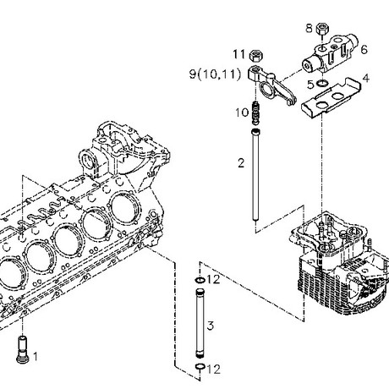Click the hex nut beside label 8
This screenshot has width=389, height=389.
pyautogui.click(x=321, y=29)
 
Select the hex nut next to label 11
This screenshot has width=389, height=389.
pyautogui.click(x=256, y=56)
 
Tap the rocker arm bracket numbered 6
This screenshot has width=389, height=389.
pyautogui.click(x=330, y=52)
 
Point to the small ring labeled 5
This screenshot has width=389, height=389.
pyautogui.click(x=322, y=83)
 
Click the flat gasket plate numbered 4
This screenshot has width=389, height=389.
pyautogui.click(x=331, y=98)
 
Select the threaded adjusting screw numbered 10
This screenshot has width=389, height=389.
pyautogui.click(x=255, y=112)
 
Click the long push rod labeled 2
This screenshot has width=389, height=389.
pyautogui.click(x=255, y=174)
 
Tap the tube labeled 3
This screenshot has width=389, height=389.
pyautogui.click(x=200, y=323)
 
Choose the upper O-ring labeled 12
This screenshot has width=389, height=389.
pyautogui.click(x=200, y=280)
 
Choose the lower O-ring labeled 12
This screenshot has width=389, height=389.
pyautogui.click(x=200, y=366)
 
